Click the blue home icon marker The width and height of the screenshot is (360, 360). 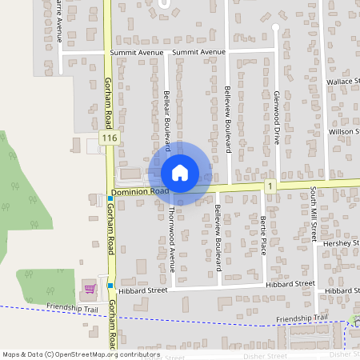[x=180, y=173]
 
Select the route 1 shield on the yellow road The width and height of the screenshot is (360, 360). [x=271, y=186]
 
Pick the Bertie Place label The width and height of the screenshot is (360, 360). [x=262, y=235]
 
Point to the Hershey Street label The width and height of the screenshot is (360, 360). [x=341, y=242]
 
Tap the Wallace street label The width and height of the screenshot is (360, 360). [x=344, y=82]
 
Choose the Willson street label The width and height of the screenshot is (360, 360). [x=345, y=130]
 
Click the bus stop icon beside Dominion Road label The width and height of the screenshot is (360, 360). [x=110, y=198]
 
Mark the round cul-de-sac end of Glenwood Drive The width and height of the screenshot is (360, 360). [x=274, y=27]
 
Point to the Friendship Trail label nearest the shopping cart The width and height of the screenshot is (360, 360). [x=73, y=307]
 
